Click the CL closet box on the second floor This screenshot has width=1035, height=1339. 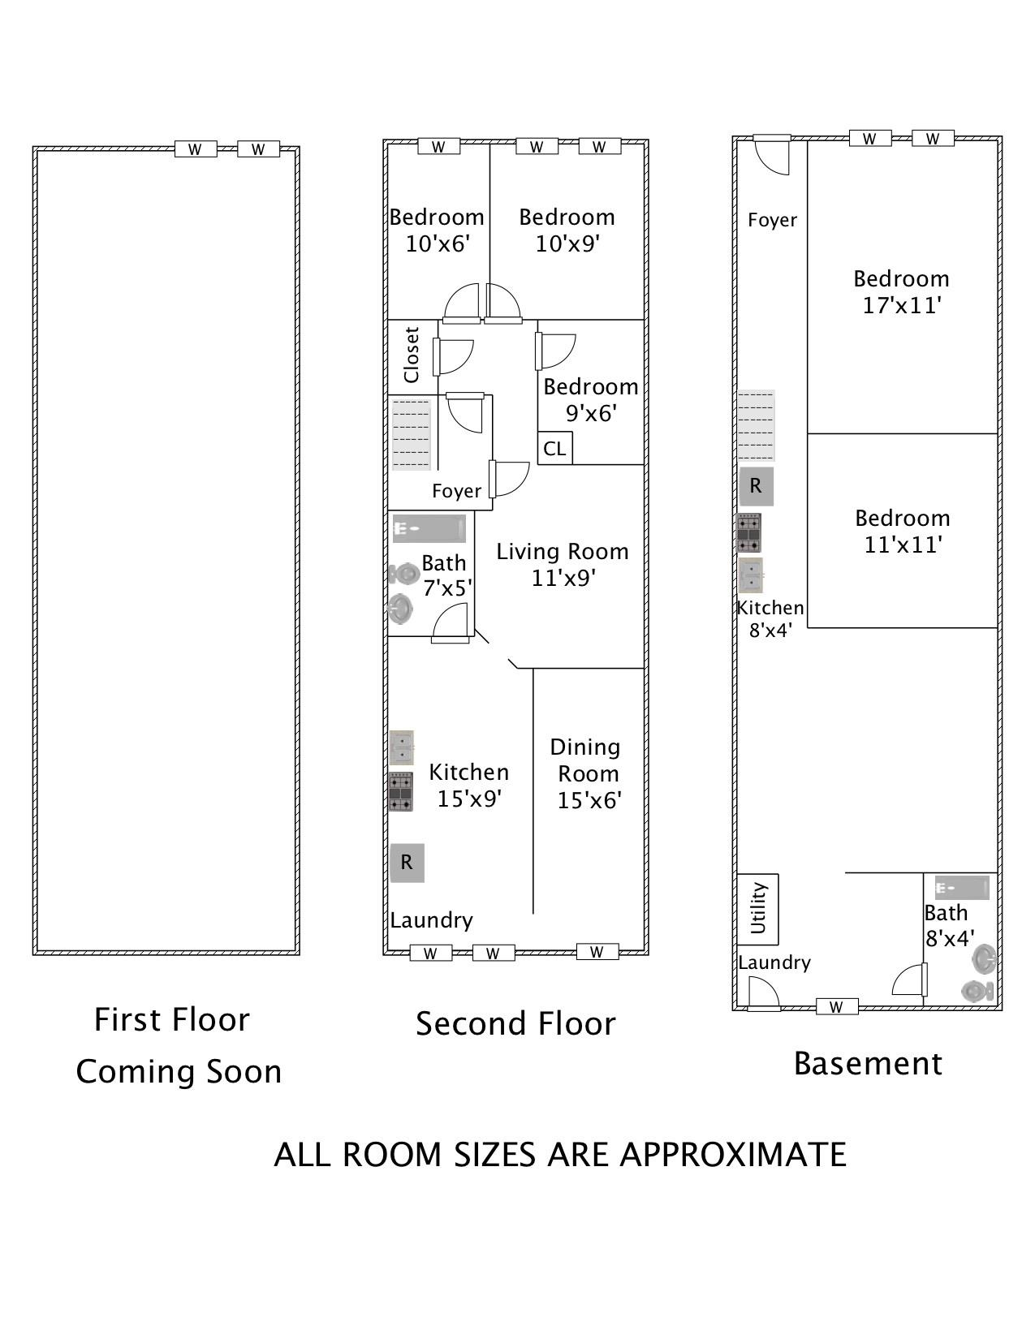554,448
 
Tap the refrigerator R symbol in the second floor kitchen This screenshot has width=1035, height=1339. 407,863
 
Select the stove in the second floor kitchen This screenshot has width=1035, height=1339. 401,792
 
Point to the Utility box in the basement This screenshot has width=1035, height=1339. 757,909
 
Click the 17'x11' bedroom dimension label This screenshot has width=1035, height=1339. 901,306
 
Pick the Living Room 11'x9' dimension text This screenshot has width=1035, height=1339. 563,578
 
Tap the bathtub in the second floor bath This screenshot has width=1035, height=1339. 429,528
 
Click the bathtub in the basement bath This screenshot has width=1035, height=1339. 962,888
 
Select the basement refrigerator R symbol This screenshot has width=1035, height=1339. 757,486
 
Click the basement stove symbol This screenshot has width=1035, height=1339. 749,532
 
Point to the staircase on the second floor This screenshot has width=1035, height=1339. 412,434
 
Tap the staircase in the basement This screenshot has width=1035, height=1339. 757,425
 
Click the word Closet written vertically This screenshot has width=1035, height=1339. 412,355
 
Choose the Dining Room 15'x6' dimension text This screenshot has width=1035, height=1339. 589,800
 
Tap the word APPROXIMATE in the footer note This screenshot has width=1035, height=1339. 733,1155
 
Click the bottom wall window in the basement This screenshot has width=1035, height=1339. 836,1007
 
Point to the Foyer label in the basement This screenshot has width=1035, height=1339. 773,220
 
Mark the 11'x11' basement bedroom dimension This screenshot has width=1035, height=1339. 903,545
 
